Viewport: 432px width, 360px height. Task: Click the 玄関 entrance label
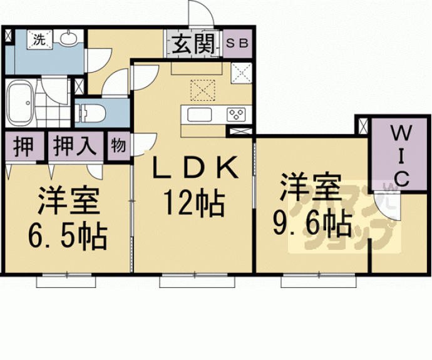pyautogui.click(x=193, y=44)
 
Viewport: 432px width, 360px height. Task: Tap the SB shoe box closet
pyautogui.click(x=237, y=44)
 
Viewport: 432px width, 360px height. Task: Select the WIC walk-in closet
pyautogui.click(x=399, y=154)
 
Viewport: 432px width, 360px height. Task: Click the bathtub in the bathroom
pyautogui.click(x=21, y=103)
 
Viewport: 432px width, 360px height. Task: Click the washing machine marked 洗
pyautogui.click(x=39, y=39)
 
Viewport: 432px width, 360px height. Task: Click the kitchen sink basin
pyautogui.click(x=200, y=115)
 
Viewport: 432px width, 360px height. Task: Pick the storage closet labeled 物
pyautogui.click(x=118, y=146)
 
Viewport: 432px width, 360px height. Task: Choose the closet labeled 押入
pyautogui.click(x=76, y=146)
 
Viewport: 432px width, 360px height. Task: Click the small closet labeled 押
pyautogui.click(x=24, y=146)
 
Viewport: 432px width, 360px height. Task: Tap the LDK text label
pyautogui.click(x=195, y=167)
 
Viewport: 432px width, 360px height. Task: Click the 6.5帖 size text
pyautogui.click(x=68, y=237)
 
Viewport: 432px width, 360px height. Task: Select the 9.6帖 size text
pyautogui.click(x=312, y=224)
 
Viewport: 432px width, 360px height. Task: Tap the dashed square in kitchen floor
pyautogui.click(x=203, y=90)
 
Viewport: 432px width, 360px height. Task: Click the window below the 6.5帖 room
pyautogui.click(x=66, y=280)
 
